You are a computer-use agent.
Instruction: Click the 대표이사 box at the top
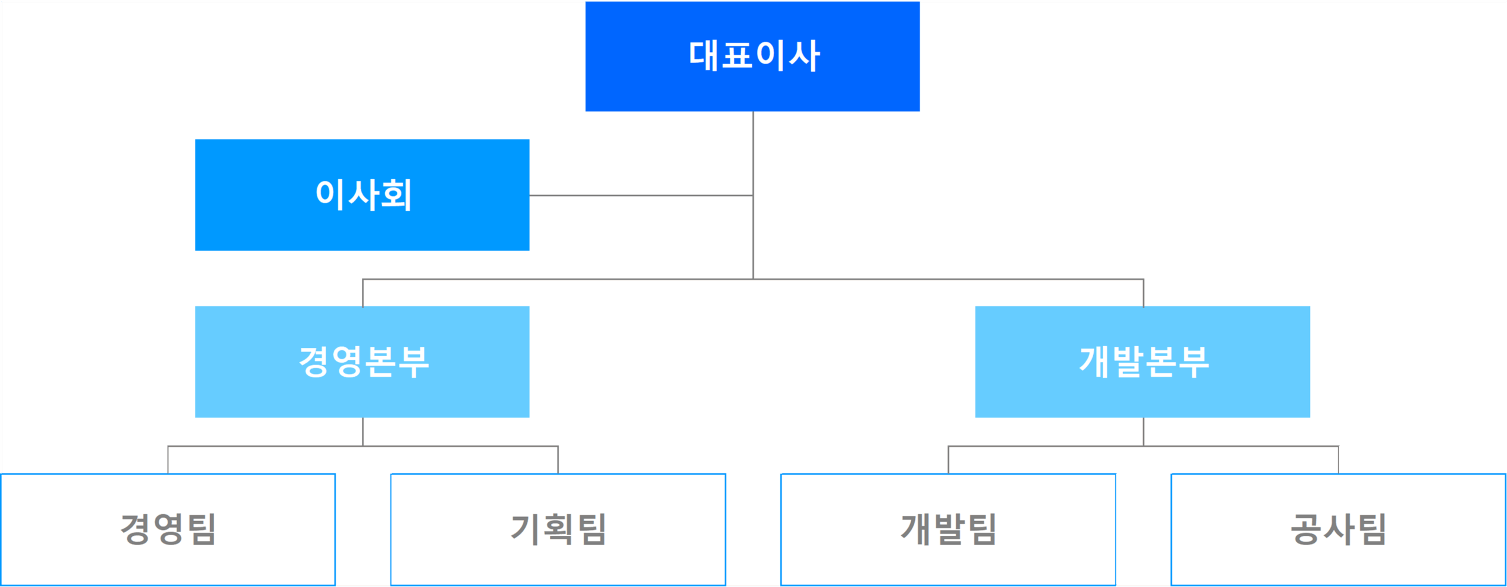(x=752, y=57)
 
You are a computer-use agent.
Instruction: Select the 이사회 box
(x=362, y=195)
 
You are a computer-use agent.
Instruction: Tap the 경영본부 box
(x=362, y=362)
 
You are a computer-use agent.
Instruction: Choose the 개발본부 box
(x=1143, y=362)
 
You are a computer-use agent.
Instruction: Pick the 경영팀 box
(x=168, y=529)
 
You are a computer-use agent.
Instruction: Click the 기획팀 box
(x=558, y=529)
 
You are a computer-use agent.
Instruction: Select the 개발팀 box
(x=948, y=529)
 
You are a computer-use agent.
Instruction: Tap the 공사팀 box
(x=1338, y=529)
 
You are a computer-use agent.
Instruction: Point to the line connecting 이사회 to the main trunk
(x=641, y=195)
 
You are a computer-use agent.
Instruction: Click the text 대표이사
(x=754, y=56)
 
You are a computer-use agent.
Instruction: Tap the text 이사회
(x=364, y=195)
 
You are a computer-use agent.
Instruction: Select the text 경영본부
(x=364, y=362)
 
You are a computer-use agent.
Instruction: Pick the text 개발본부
(x=1144, y=362)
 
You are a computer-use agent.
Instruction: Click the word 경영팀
(x=168, y=529)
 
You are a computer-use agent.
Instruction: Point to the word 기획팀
(x=558, y=529)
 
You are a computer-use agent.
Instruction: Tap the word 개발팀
(x=948, y=529)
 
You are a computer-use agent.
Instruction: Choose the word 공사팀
(x=1338, y=529)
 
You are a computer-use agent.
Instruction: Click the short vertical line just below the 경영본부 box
(x=363, y=432)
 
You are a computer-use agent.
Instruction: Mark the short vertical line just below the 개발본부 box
(x=1143, y=432)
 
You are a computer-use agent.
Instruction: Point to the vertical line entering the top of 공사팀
(x=1338, y=460)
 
